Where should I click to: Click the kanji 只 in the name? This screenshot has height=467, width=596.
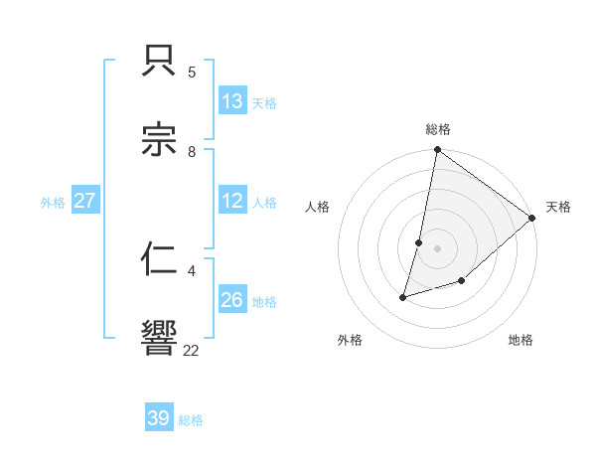[x=160, y=64]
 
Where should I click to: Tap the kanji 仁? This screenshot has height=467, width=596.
[x=160, y=259]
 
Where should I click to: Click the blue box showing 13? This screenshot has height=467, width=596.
[x=232, y=100]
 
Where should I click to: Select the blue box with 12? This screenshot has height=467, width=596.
[x=232, y=201]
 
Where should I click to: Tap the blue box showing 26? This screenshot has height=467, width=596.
[x=232, y=300]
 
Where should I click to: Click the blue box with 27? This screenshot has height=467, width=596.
[x=84, y=201]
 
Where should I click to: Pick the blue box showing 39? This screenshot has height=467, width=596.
[x=159, y=418]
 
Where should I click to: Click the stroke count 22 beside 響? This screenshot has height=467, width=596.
[x=192, y=350]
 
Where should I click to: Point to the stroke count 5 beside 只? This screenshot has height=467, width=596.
[x=192, y=73]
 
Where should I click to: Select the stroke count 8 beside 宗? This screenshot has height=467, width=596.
[x=192, y=152]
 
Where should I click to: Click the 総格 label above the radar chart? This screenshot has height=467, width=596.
[x=438, y=129]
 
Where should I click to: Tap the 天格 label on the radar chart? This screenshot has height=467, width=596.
[x=558, y=208]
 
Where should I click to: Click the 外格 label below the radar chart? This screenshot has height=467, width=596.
[x=350, y=341]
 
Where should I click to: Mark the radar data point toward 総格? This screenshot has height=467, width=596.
[x=437, y=151]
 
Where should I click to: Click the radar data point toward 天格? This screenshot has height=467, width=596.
[x=532, y=218]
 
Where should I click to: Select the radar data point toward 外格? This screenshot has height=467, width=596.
[x=403, y=296]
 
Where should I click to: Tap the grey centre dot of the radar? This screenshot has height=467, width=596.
[x=437, y=248]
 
